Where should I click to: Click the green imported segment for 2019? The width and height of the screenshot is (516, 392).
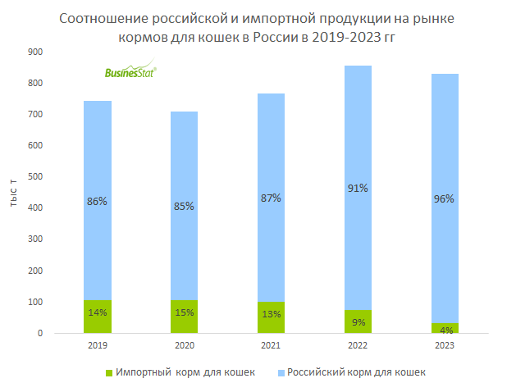98,317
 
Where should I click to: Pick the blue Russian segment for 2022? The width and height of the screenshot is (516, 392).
358,246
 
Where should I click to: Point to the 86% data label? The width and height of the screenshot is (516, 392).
98,201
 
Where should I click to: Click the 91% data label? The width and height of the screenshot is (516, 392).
358,188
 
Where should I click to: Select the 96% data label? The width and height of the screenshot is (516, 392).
445,198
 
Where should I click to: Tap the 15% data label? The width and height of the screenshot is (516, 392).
184,312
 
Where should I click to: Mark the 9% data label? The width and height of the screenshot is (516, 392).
358,321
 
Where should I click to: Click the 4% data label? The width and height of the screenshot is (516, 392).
445,330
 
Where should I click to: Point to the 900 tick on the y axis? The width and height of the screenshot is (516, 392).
36,52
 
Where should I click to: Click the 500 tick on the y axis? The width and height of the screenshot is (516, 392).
36,177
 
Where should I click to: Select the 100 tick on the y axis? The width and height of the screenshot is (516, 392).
36,303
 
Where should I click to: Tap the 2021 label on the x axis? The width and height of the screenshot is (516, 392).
271,346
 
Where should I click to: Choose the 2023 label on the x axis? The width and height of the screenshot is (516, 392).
445,346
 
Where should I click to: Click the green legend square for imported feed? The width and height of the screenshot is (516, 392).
108,373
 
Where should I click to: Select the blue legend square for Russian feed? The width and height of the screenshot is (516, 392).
280,373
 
